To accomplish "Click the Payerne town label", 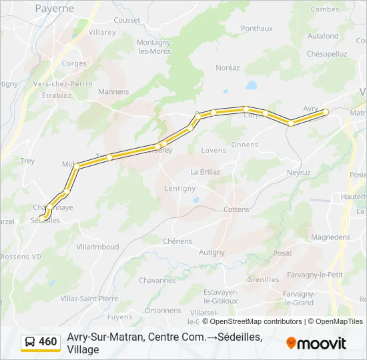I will (x=55, y=8).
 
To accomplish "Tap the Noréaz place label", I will (x=228, y=68).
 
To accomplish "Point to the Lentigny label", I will (x=180, y=189).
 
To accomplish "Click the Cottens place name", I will (x=237, y=209).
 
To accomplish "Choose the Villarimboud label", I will (x=97, y=247).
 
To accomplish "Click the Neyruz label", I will (x=298, y=172).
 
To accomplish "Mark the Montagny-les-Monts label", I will (x=154, y=47).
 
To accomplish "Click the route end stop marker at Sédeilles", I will (x=42, y=218).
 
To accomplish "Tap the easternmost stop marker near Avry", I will (x=326, y=112).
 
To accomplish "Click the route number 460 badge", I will (x=47, y=342).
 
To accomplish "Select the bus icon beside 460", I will (x=30, y=342).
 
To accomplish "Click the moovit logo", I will (x=316, y=343).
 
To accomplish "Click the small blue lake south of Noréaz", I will (x=251, y=85).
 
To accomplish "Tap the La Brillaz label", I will (x=205, y=171).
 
